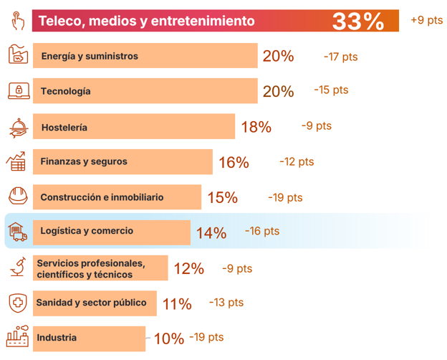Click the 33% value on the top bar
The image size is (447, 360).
pos(358,22)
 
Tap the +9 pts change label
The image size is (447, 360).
pos(427,20)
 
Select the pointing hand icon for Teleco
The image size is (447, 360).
pos(18,21)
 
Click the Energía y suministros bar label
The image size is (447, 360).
pos(90,56)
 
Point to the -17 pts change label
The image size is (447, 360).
pos(341,57)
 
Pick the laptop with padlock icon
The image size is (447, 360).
pos(19,91)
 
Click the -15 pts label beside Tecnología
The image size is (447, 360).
pos(331,90)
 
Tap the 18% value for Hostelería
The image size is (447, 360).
pos(256,127)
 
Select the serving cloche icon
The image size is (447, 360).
pos(19,128)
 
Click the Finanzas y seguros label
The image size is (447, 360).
pos(84,161)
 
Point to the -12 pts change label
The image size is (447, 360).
pos(297,161)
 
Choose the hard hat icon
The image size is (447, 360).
pos(18,196)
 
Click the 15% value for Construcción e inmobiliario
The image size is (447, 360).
pos(222,197)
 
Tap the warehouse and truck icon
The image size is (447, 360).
pos(18,232)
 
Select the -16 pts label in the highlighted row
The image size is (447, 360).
pos(262,231)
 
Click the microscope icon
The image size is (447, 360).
pos(18,266)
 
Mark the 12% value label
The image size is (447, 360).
pos(188,269)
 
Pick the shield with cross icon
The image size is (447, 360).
pos(18,303)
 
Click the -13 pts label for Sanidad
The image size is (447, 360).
pos(226,303)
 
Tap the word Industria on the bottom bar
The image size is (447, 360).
pos(57,338)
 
